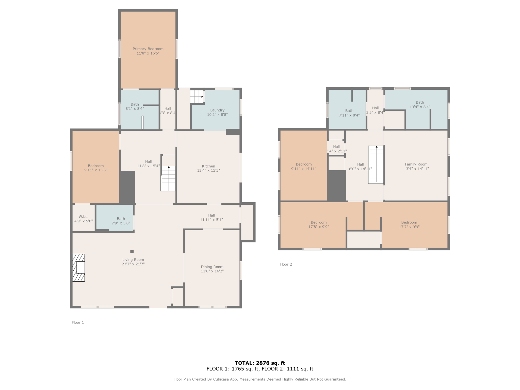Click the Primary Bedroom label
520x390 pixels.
coord(148,49)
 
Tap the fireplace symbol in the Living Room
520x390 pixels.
coord(78,268)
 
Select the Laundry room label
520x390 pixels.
coord(217,110)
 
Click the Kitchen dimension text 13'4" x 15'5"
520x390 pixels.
coord(208,171)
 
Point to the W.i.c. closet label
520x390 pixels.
coord(83,217)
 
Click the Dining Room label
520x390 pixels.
coord(212,267)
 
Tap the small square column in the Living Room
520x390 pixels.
coord(132,252)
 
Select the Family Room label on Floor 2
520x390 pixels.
coord(416,164)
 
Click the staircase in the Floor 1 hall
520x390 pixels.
coord(168,178)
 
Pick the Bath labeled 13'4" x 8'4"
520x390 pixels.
coord(420,105)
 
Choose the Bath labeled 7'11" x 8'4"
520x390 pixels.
coord(349,113)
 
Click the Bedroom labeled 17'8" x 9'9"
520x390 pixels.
coord(318,224)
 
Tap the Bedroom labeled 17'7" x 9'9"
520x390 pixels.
coord(409,224)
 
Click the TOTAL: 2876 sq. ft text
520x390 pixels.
coord(260,363)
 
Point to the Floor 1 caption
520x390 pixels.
coord(78,322)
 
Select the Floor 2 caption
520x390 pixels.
coord(286,264)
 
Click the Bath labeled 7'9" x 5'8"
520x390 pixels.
coord(121,221)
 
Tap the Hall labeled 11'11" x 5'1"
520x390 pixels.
coord(211,217)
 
